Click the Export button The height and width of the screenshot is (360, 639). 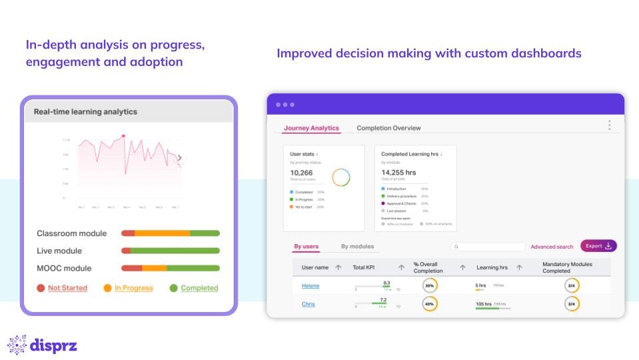[x=598, y=246]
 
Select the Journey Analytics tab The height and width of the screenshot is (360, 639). [x=311, y=128]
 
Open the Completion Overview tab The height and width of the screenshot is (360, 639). [x=388, y=128]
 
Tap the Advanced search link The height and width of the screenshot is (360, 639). [x=552, y=247]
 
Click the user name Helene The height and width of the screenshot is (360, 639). [x=311, y=286]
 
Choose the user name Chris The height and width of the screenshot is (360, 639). [x=308, y=304]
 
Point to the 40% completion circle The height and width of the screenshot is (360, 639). [x=430, y=304]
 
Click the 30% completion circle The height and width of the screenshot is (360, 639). [x=430, y=286]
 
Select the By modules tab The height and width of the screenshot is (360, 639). [x=357, y=247]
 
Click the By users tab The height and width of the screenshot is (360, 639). [x=307, y=247]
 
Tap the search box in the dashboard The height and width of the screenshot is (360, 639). [x=488, y=247]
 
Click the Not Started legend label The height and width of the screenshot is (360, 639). [x=67, y=288]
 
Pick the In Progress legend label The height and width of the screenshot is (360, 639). [x=133, y=288]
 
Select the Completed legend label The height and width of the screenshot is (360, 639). [x=199, y=288]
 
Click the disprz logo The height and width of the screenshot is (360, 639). [x=42, y=345]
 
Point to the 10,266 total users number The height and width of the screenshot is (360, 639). [x=302, y=173]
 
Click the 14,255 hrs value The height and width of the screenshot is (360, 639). [x=398, y=173]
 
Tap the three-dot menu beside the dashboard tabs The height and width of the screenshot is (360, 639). [x=609, y=125]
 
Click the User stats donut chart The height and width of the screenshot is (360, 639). [x=341, y=177]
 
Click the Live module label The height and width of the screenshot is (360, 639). [x=59, y=251]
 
